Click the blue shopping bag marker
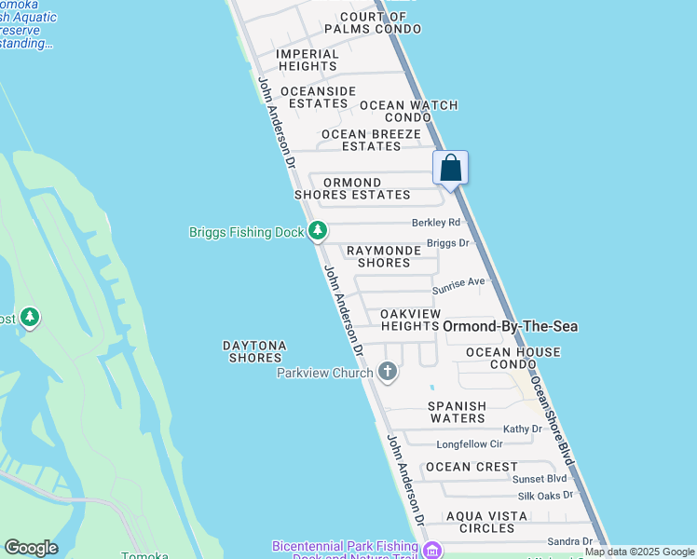point(451,169)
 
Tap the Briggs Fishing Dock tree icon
point(318,229)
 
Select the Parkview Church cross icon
point(388,373)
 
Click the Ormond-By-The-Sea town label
point(510,326)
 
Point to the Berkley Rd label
point(437,223)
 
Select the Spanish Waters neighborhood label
point(457,412)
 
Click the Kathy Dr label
point(523,429)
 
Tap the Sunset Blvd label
point(540,478)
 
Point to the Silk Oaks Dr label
point(546,495)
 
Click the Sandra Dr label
point(570,541)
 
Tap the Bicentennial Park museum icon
point(431,551)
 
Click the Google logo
point(31,548)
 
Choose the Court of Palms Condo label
point(380,23)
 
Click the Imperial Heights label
point(307,60)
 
